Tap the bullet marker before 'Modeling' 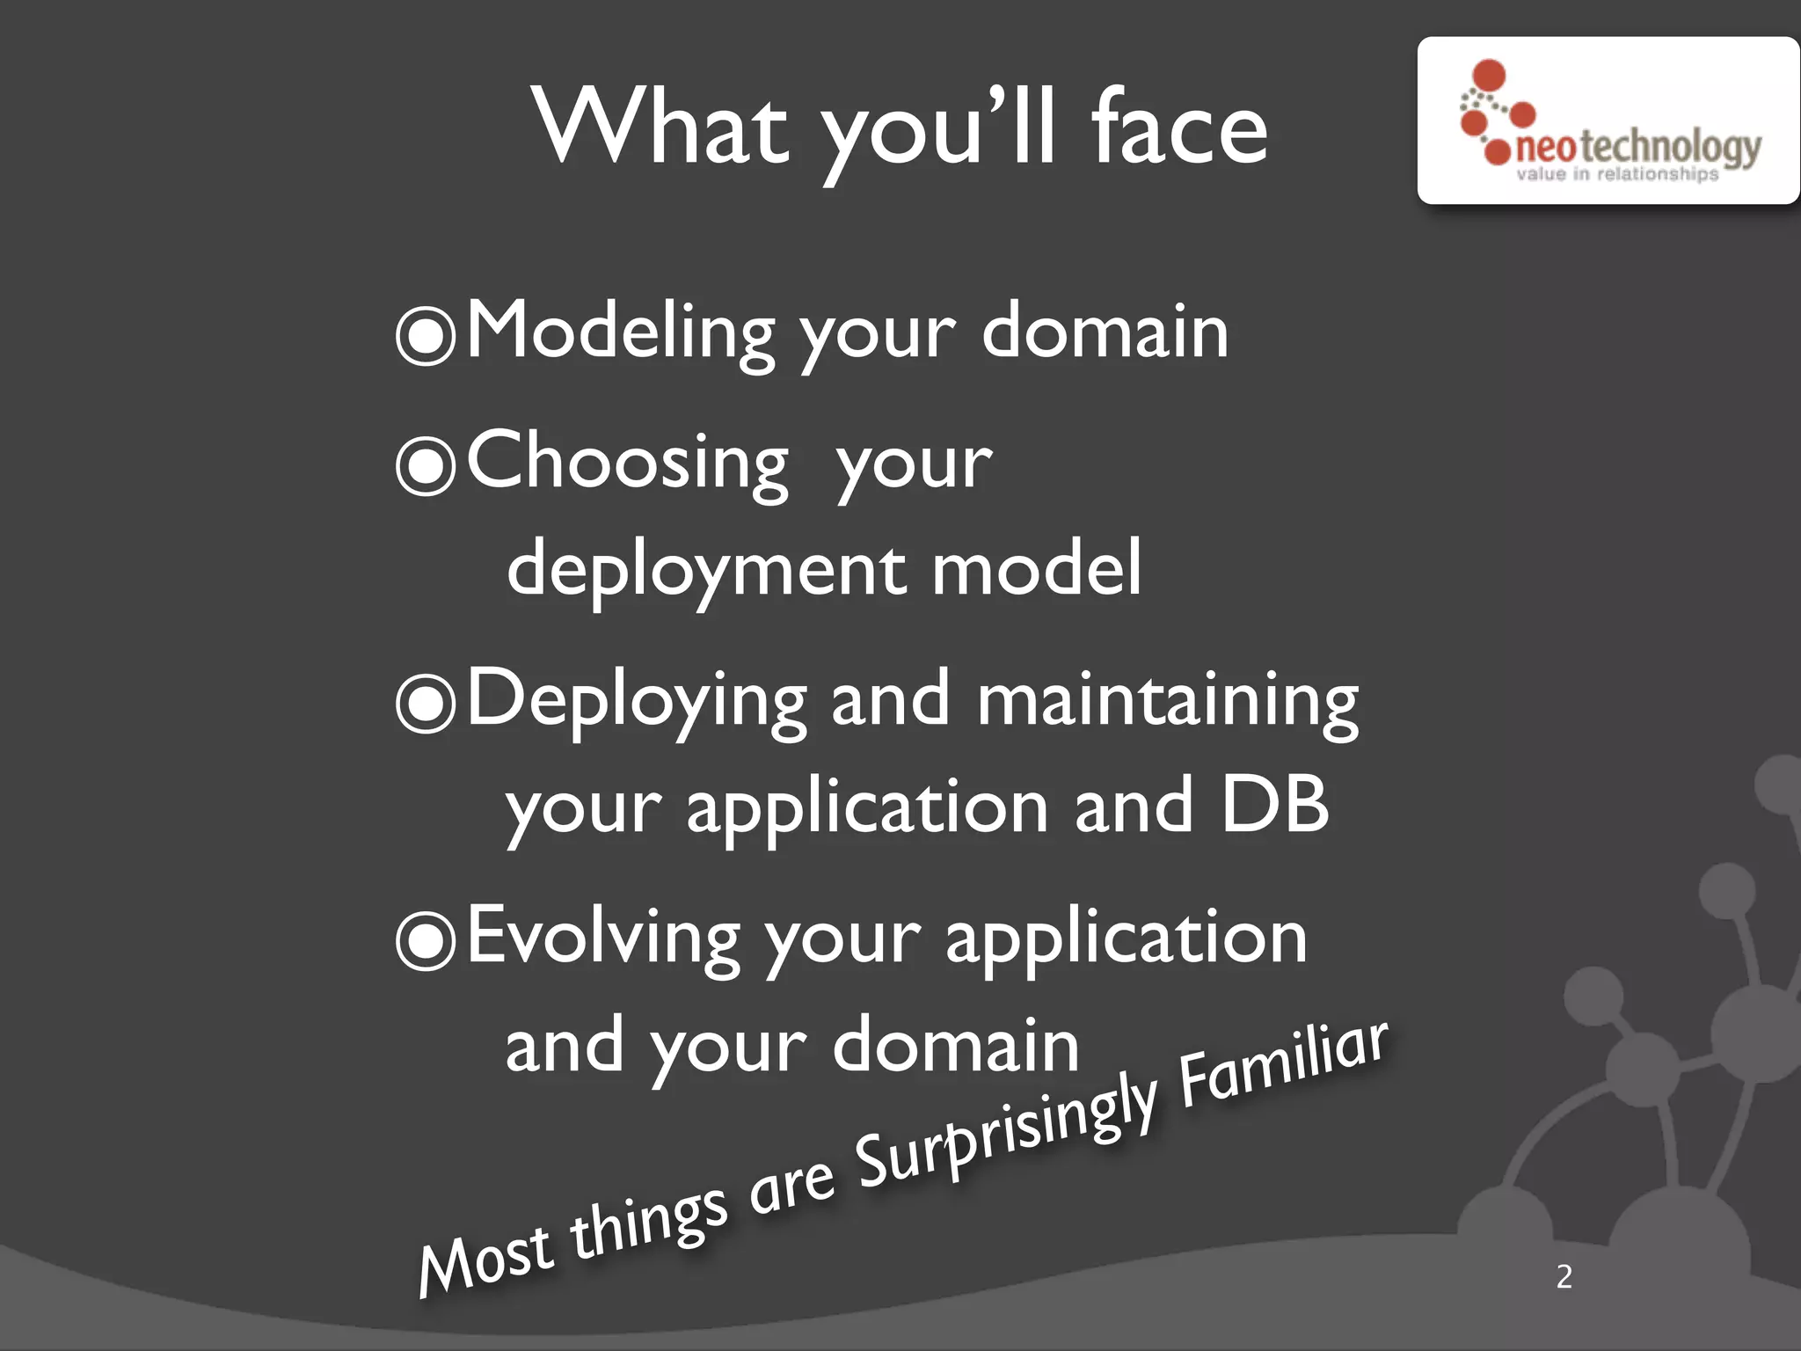point(426,335)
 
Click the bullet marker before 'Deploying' point(426,703)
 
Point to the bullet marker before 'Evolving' point(426,940)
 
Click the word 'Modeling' point(620,332)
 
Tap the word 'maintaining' point(1167,701)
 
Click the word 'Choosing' point(627,463)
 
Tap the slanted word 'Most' point(485,1258)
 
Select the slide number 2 point(1564,1276)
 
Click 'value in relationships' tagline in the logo point(1616,174)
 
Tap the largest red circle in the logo point(1489,75)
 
